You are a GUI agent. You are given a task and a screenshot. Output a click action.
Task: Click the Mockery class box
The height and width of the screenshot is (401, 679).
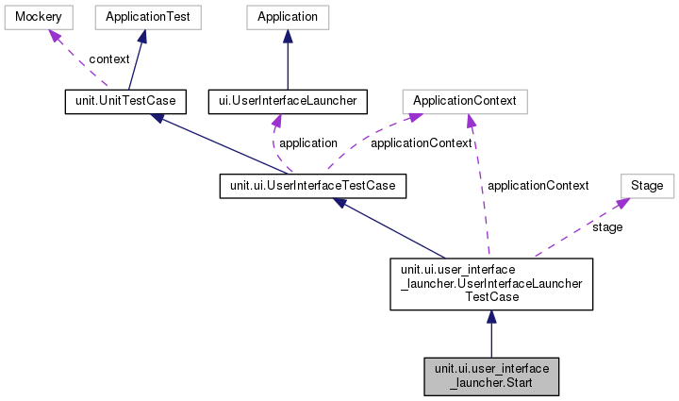(31, 17)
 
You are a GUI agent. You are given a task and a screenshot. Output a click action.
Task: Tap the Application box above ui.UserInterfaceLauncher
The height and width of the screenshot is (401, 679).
(287, 17)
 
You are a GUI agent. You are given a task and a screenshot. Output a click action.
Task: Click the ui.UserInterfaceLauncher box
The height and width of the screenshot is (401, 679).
(287, 99)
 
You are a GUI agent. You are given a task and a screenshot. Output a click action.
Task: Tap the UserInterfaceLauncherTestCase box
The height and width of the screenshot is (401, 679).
(490, 282)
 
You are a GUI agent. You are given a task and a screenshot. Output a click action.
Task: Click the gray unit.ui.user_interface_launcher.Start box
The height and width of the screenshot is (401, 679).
(490, 375)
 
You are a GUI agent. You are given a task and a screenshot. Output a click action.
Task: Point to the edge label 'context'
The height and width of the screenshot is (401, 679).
(109, 59)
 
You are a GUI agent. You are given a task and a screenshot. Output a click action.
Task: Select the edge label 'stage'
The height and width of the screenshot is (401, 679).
(607, 227)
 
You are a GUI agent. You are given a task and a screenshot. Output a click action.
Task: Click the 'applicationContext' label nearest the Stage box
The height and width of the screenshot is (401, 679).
(538, 186)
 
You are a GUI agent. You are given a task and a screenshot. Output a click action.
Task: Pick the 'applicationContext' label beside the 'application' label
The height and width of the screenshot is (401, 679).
(414, 143)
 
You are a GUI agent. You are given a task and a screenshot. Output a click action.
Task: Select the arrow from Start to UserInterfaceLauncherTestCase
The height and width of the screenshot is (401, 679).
(490, 335)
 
